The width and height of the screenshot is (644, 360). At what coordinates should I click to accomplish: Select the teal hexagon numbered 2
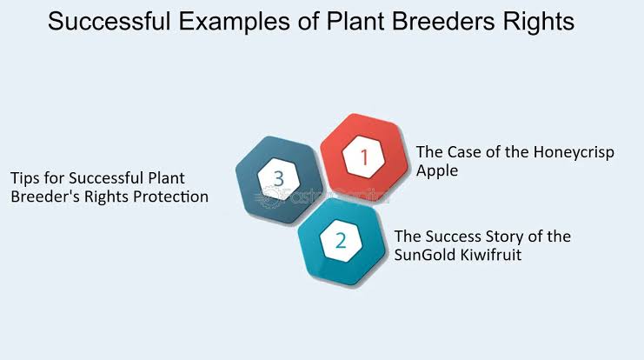coord(342,243)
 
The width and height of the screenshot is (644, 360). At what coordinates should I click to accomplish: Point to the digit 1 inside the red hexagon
coord(365,158)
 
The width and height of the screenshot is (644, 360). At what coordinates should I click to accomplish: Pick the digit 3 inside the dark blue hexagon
coord(278,177)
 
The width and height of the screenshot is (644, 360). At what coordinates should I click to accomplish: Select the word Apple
coord(437,171)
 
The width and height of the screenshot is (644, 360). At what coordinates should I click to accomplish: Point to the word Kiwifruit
coord(490,256)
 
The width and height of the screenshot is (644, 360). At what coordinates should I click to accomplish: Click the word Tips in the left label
coord(27,177)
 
